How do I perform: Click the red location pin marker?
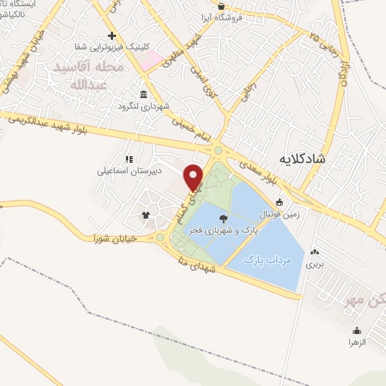pos(195,176)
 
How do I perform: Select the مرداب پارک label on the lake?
pos(268,259)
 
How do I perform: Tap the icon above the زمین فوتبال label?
pos(280,201)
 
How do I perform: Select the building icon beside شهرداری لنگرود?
pos(142,93)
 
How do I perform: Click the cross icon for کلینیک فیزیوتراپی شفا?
pos(112,36)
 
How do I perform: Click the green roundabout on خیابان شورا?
pos(159,237)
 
